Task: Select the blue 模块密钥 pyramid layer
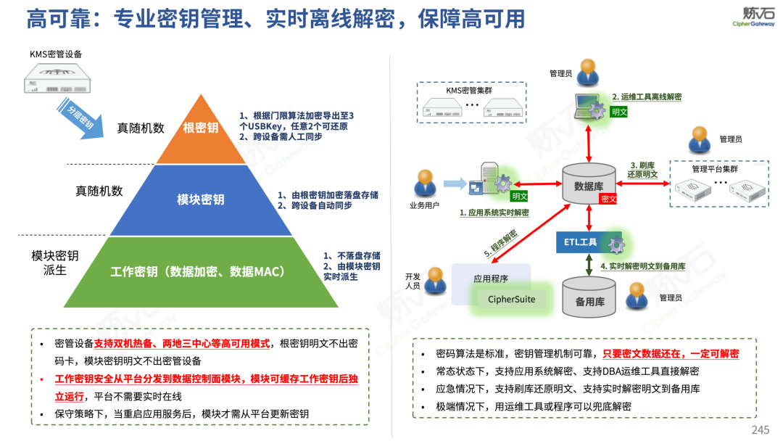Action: coord(201,199)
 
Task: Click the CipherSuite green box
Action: coord(512,298)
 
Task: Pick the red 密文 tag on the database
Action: coord(608,198)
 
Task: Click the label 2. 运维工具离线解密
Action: coord(647,97)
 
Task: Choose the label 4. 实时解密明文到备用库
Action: coord(643,267)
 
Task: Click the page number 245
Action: coord(760,430)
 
